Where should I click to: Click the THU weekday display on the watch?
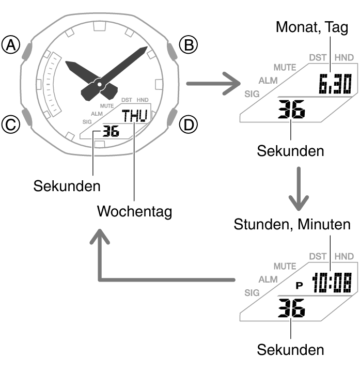[x=134, y=115]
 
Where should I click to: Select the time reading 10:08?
[x=331, y=283]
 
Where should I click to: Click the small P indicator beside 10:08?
[x=299, y=285]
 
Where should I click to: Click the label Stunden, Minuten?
[x=292, y=225]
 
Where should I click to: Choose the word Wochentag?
[x=134, y=211]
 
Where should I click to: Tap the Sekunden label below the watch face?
[x=67, y=186]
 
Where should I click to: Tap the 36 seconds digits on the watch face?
[x=111, y=131]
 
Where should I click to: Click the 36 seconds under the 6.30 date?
[x=291, y=110]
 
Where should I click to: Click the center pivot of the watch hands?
[x=98, y=83]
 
